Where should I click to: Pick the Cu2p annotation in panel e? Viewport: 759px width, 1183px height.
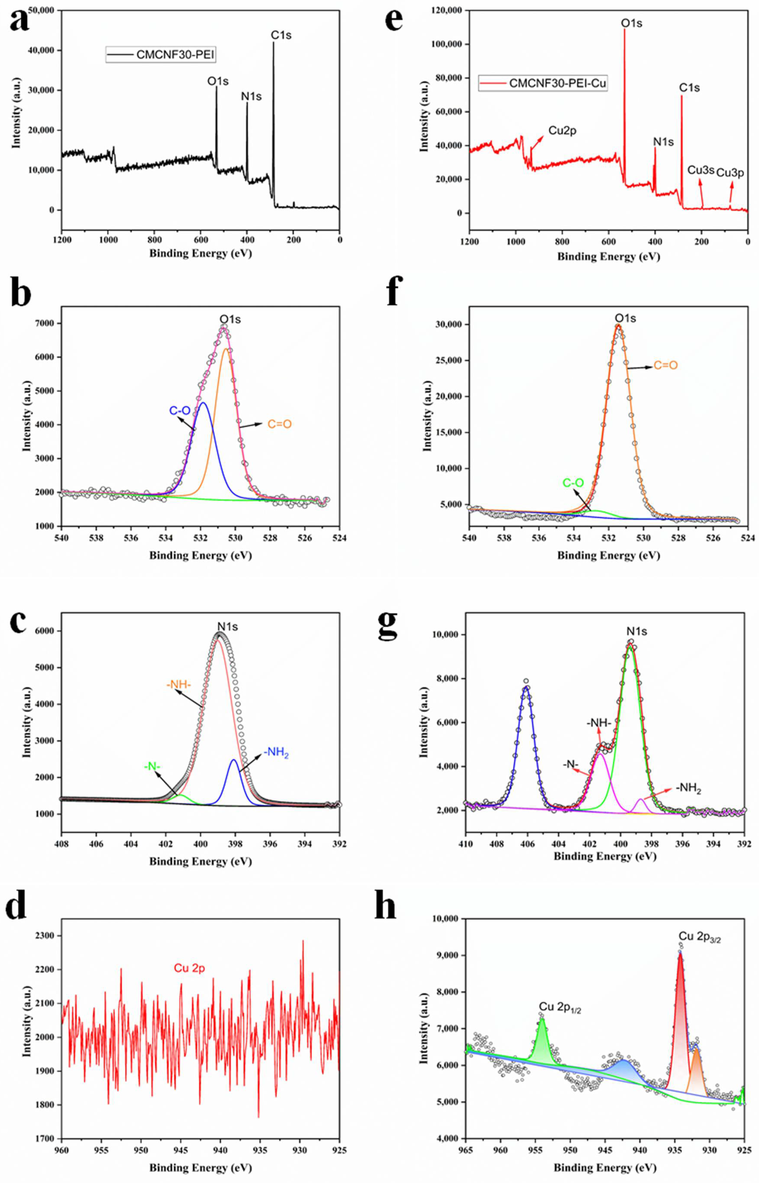562,131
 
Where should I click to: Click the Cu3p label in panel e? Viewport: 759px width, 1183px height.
730,173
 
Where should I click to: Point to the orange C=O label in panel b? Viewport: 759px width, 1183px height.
279,424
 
